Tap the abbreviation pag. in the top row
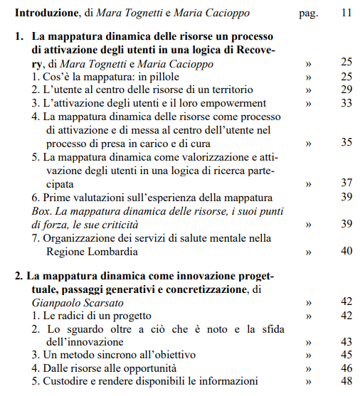point(307,13)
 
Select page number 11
point(346,13)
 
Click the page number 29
point(346,90)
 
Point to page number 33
point(346,103)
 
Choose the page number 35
point(346,143)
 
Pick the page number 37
point(346,183)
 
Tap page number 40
point(346,251)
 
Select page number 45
point(346,355)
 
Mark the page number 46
point(346,368)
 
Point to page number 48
point(346,382)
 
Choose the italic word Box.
point(42,211)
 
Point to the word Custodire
point(68,382)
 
